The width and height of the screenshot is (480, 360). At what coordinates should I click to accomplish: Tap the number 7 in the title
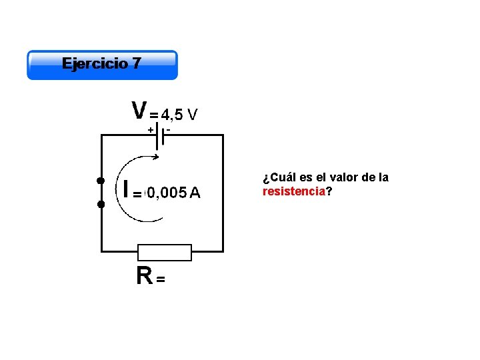137,64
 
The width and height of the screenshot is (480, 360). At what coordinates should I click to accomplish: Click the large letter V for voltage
139,109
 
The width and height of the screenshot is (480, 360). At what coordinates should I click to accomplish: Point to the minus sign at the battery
169,129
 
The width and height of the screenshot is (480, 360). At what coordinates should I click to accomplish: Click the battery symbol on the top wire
160,136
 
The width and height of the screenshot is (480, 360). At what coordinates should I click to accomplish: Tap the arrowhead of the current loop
155,157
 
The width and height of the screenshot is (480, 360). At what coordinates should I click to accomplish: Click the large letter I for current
125,189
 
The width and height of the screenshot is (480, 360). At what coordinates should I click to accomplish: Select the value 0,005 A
173,193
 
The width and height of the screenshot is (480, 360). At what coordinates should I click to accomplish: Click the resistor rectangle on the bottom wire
164,252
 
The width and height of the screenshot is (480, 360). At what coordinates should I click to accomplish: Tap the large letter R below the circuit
143,275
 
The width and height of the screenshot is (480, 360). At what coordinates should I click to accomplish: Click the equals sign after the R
161,280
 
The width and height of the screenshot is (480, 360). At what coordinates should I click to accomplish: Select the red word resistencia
293,191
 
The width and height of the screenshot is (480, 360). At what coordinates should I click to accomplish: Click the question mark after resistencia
329,191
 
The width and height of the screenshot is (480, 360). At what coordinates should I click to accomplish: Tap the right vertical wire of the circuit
223,193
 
